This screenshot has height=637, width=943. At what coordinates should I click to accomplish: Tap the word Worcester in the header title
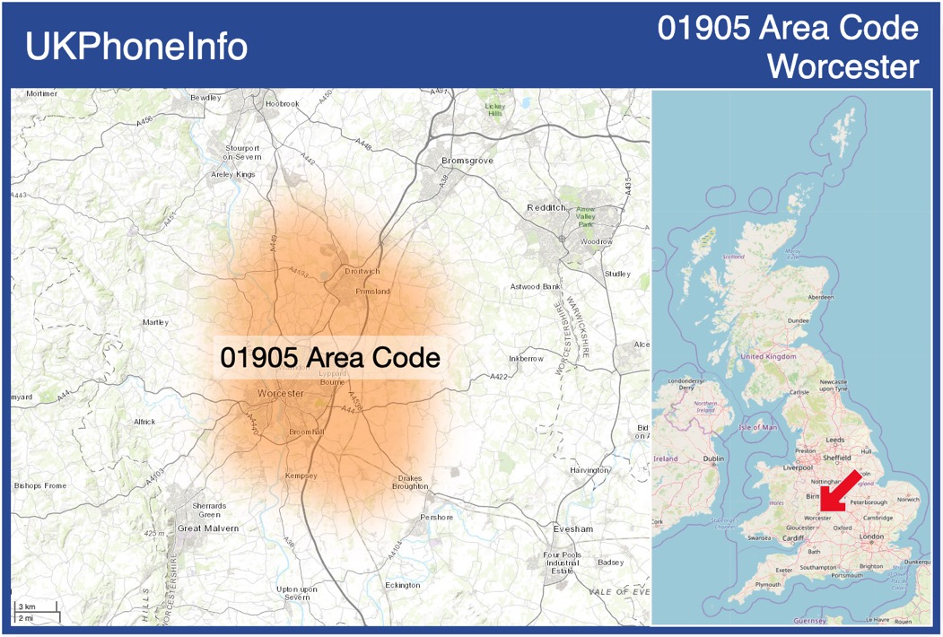[844, 66]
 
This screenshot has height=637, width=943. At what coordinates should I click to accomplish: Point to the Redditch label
[546, 207]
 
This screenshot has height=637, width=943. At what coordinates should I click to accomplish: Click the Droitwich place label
[362, 271]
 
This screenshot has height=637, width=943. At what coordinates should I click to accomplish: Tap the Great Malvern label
[208, 528]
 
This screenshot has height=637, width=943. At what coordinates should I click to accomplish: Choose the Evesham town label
[573, 529]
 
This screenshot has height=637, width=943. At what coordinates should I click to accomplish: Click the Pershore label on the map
[437, 518]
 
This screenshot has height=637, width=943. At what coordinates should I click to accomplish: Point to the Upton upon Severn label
[296, 593]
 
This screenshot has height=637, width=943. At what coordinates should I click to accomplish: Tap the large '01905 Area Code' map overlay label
[330, 358]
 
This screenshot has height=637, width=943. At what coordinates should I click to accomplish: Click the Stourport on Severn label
[242, 152]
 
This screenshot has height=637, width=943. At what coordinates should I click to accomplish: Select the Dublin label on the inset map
[713, 458]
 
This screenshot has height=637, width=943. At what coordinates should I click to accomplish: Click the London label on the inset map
[871, 537]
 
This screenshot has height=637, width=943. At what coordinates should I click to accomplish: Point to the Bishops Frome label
[40, 485]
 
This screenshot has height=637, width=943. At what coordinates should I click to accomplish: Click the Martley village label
[155, 322]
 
